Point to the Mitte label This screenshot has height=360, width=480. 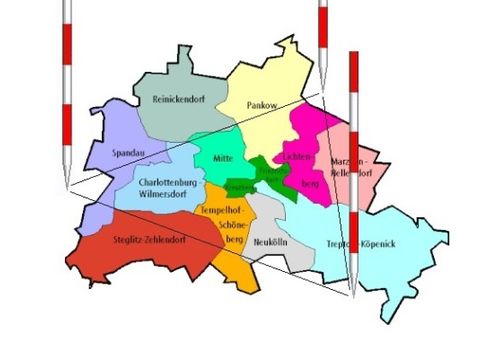coord(224,158)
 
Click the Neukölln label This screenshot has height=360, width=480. coord(272,242)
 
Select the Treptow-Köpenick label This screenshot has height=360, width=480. coord(364,243)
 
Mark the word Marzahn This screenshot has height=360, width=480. coord(350,161)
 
